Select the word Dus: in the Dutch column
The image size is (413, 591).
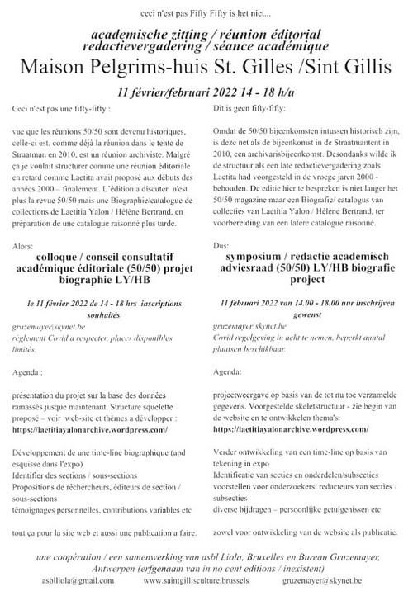click(222, 245)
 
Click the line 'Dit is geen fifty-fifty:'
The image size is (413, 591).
click(248, 108)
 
